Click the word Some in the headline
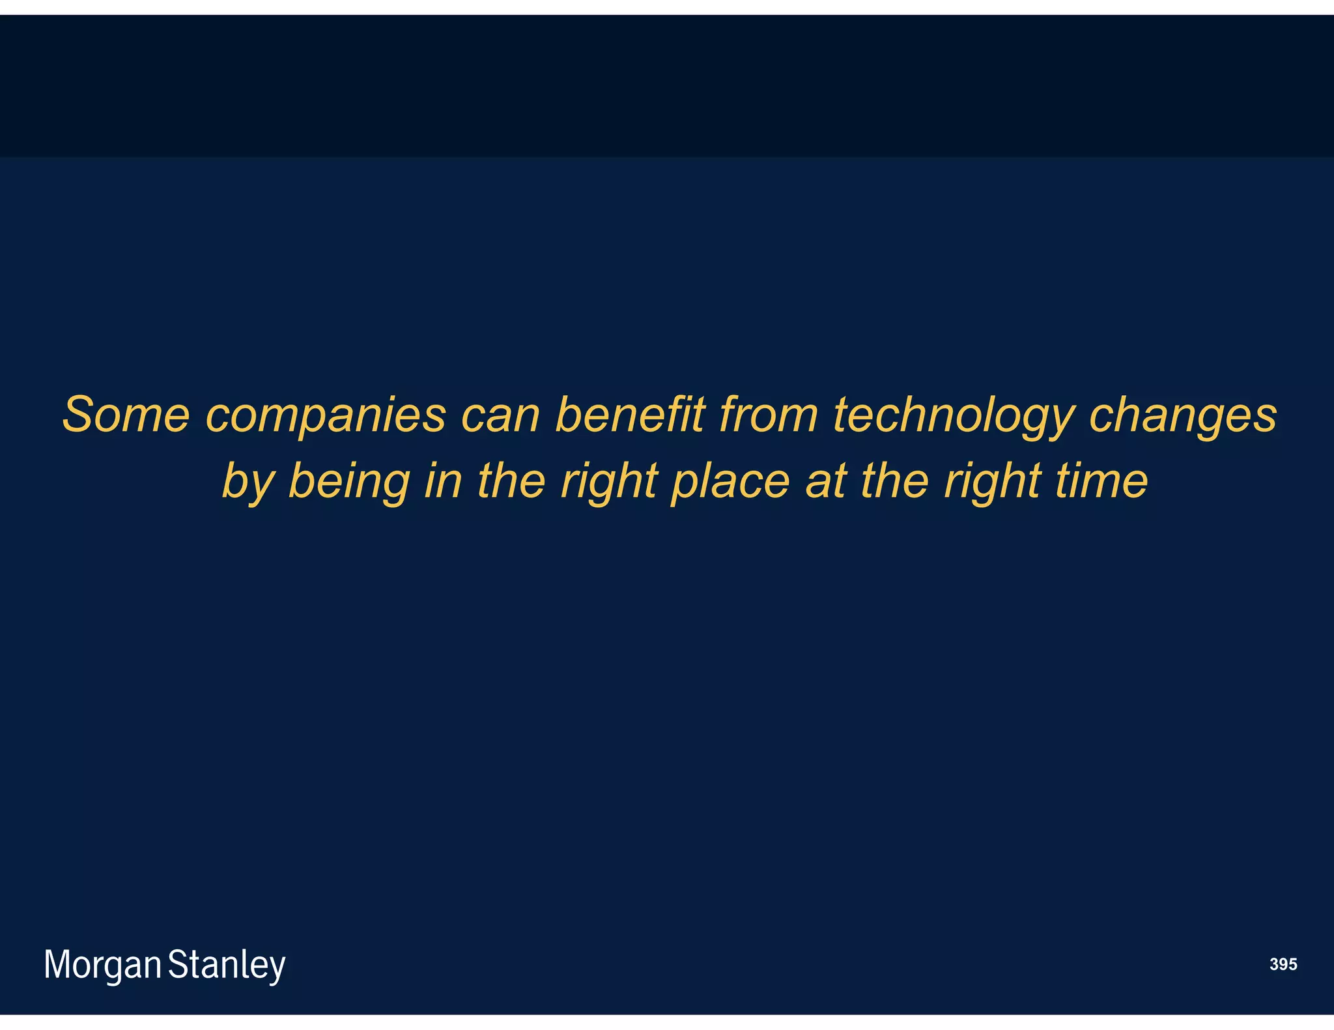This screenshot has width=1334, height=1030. pos(126,415)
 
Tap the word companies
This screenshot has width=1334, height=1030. pos(326,415)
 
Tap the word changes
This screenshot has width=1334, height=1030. pos(1183,415)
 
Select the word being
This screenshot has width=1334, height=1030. pos(348,482)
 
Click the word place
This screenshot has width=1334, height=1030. pos(730,482)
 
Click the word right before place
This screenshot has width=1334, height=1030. pos(608,482)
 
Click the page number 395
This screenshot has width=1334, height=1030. pos(1283,964)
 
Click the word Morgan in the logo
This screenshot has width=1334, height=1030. pos(102,965)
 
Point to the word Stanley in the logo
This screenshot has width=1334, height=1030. pos(227,965)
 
